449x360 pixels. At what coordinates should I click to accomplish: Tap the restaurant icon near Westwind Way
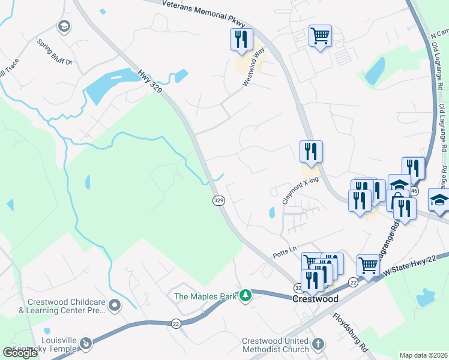tap(241, 40)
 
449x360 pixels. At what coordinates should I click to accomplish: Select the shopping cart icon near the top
tap(320, 35)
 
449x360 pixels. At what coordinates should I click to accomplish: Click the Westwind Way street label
tap(254, 68)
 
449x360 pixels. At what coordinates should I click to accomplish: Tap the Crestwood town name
tap(315, 299)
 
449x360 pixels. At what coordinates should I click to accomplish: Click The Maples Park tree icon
tap(245, 296)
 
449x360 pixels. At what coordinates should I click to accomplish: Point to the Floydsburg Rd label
tap(351, 331)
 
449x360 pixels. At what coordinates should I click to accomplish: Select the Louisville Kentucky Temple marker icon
tap(86, 343)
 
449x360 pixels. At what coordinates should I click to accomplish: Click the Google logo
tap(20, 353)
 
